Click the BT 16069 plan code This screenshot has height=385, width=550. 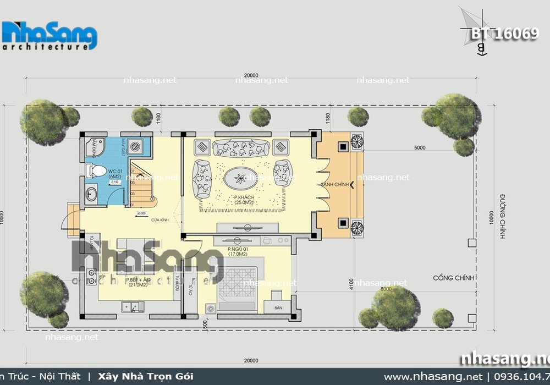click(x=504, y=33)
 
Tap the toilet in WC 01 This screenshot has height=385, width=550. click(x=97, y=172)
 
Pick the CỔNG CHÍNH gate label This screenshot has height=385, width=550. click(x=453, y=278)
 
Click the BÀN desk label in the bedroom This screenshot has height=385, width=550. click(x=278, y=309)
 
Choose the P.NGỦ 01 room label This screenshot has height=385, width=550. click(x=239, y=252)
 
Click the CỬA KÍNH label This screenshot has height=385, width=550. click(x=160, y=220)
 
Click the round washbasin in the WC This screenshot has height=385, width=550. click(x=91, y=194)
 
